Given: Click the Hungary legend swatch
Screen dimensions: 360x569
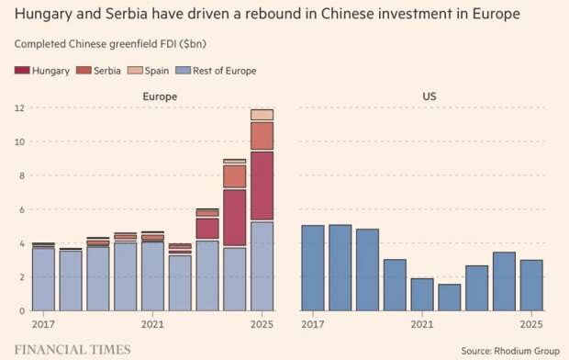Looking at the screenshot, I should tap(23, 71).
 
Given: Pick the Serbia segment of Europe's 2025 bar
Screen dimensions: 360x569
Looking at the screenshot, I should tap(262, 136).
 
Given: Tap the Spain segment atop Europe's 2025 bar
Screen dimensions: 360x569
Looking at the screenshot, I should tap(262, 115).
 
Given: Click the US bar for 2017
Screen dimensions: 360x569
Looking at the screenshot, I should tap(313, 267).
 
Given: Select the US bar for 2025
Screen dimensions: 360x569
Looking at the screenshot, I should tap(530, 285).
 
